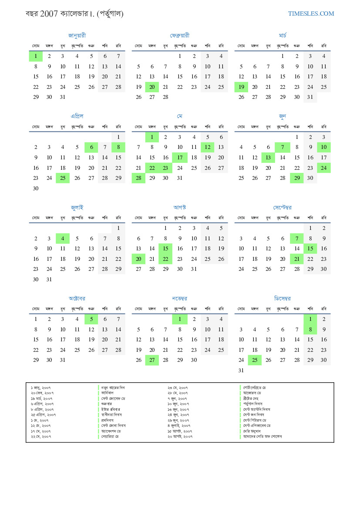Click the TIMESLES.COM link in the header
[311, 13]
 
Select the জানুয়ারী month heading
[77, 35]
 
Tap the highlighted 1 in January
[36, 56]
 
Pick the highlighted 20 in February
[152, 87]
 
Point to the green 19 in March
[241, 87]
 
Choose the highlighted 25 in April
[63, 178]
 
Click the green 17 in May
[180, 158]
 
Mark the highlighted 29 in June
[297, 178]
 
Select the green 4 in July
[63, 238]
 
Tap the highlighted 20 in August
[138, 259]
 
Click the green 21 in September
[297, 259]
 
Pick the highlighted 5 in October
[91, 319]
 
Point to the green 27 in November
[152, 360]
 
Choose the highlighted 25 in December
[255, 360]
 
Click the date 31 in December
[241, 371]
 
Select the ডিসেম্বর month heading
[283, 299]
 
